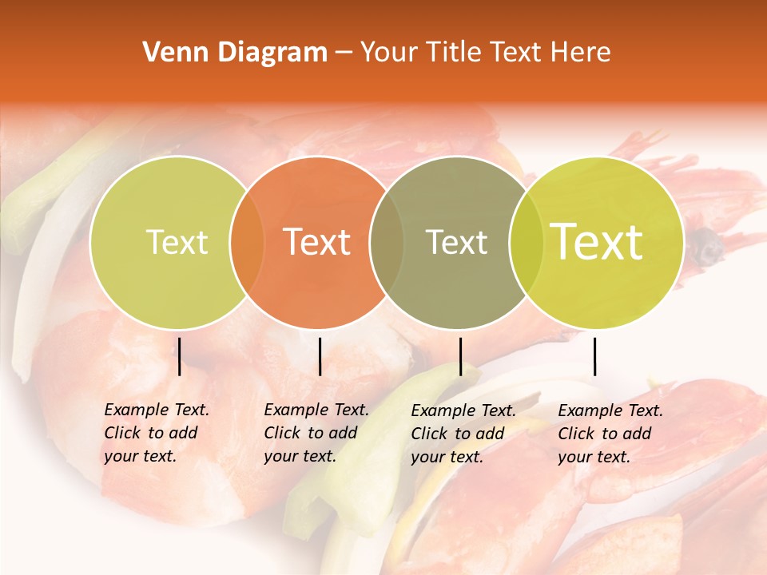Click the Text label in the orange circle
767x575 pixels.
(x=317, y=242)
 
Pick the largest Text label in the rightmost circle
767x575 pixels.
(x=597, y=242)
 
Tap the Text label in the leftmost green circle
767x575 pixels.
(x=177, y=242)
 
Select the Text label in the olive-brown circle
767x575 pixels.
(x=456, y=242)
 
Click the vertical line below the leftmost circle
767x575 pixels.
(x=179, y=356)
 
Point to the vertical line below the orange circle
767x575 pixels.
(x=320, y=356)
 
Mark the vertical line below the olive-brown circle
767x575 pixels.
(x=460, y=356)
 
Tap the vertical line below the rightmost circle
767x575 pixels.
(x=594, y=356)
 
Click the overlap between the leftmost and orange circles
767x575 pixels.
(x=247, y=242)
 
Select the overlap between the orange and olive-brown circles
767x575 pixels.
(x=386, y=242)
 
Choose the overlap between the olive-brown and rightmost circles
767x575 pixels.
(x=524, y=242)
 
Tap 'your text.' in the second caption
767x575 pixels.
(x=300, y=456)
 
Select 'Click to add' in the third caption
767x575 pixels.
(x=457, y=434)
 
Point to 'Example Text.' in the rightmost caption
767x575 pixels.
(x=610, y=410)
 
